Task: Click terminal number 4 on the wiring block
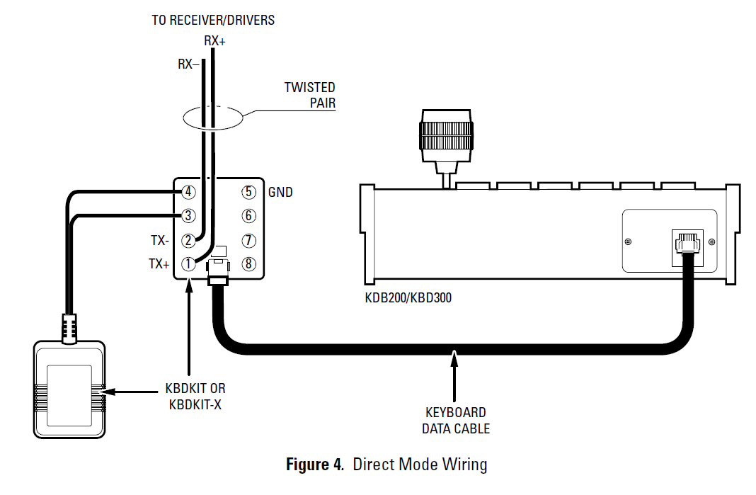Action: click(188, 192)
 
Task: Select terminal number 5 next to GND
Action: click(248, 192)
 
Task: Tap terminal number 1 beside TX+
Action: click(188, 264)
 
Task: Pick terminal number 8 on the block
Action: click(248, 264)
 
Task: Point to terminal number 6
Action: click(248, 215)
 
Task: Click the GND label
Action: click(280, 192)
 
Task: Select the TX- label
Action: click(159, 241)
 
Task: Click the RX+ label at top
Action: click(214, 41)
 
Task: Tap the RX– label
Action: click(188, 64)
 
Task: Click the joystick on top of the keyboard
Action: click(446, 138)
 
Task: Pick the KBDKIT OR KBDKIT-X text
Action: click(195, 397)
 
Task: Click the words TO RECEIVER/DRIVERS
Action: click(213, 20)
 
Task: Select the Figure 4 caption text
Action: click(386, 465)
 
